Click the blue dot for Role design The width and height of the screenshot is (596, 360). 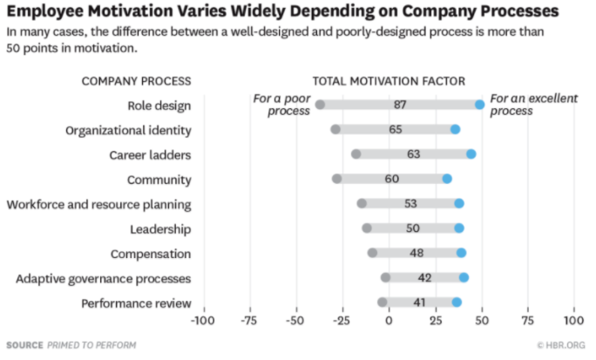click(479, 105)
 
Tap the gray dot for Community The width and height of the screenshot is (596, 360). click(337, 179)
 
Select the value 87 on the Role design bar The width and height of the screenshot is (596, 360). click(400, 105)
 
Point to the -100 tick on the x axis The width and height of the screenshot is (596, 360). click(203, 321)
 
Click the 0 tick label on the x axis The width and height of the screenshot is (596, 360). click(389, 321)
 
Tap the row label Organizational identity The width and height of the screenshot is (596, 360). click(128, 130)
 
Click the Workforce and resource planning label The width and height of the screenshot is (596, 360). click(99, 204)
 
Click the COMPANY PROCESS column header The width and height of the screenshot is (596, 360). click(136, 81)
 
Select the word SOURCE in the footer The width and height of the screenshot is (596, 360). click(24, 345)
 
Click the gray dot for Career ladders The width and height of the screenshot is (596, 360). click(356, 154)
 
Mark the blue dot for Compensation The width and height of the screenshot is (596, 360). click(461, 253)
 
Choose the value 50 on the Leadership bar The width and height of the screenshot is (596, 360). click(412, 228)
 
